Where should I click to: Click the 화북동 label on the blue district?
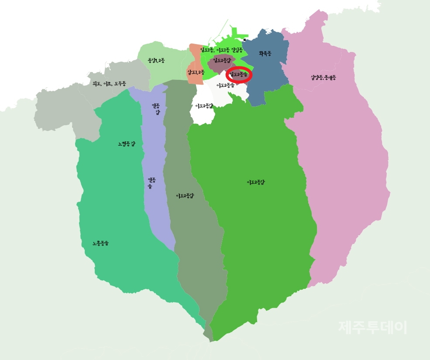[x=265, y=54]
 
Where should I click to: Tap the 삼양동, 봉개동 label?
[x=323, y=78]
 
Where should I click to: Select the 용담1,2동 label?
[x=156, y=60]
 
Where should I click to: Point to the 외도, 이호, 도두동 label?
[x=109, y=83]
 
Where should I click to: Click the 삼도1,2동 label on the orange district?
[x=196, y=72]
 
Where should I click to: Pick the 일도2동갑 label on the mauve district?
[x=222, y=60]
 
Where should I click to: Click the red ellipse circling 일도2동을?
[x=239, y=75]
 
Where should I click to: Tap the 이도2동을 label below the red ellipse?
[x=226, y=85]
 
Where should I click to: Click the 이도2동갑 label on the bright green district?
[x=256, y=182]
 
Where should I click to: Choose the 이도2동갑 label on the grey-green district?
[x=185, y=196]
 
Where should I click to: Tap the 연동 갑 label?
[x=156, y=109]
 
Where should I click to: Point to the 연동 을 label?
[x=151, y=183]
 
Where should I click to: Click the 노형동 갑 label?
[x=126, y=144]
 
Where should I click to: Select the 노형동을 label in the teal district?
[x=100, y=243]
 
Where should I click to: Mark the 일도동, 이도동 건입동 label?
[x=221, y=50]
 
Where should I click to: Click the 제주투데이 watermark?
[x=372, y=327]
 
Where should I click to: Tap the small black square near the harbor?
[x=244, y=40]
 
